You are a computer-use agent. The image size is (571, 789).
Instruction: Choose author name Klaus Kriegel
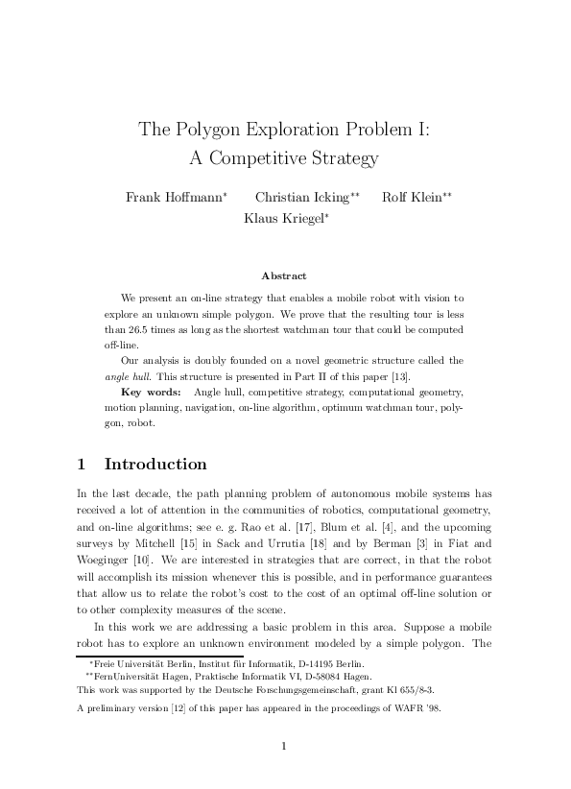(x=284, y=218)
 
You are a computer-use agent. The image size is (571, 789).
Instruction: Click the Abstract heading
(x=284, y=275)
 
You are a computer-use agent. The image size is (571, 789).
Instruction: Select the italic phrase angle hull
(x=125, y=376)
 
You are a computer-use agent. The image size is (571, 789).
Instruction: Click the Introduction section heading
(x=155, y=465)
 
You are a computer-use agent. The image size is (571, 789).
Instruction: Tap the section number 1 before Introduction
(x=82, y=465)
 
